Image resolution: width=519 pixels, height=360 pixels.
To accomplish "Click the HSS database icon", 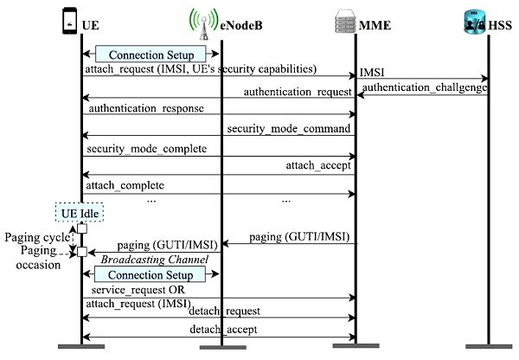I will (476, 19).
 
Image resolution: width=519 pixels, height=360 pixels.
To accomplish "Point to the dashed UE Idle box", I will (81, 211).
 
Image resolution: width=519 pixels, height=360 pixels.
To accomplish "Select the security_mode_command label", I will (288, 128).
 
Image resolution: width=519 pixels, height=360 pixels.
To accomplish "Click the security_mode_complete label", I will (146, 148).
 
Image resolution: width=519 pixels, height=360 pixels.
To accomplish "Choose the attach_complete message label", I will (125, 185).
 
